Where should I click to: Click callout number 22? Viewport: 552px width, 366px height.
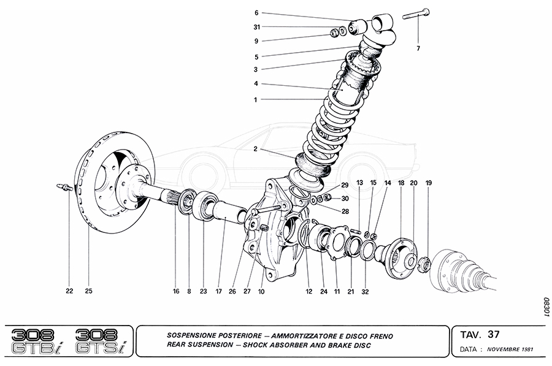[69, 291]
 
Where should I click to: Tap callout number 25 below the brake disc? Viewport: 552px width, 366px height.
[88, 291]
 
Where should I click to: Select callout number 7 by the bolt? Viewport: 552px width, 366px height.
[419, 48]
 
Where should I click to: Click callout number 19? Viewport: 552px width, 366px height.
[429, 183]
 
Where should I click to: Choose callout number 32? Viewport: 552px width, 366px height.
[365, 291]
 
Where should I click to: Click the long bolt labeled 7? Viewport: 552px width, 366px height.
[418, 13]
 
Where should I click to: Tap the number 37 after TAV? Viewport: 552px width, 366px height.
[494, 334]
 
